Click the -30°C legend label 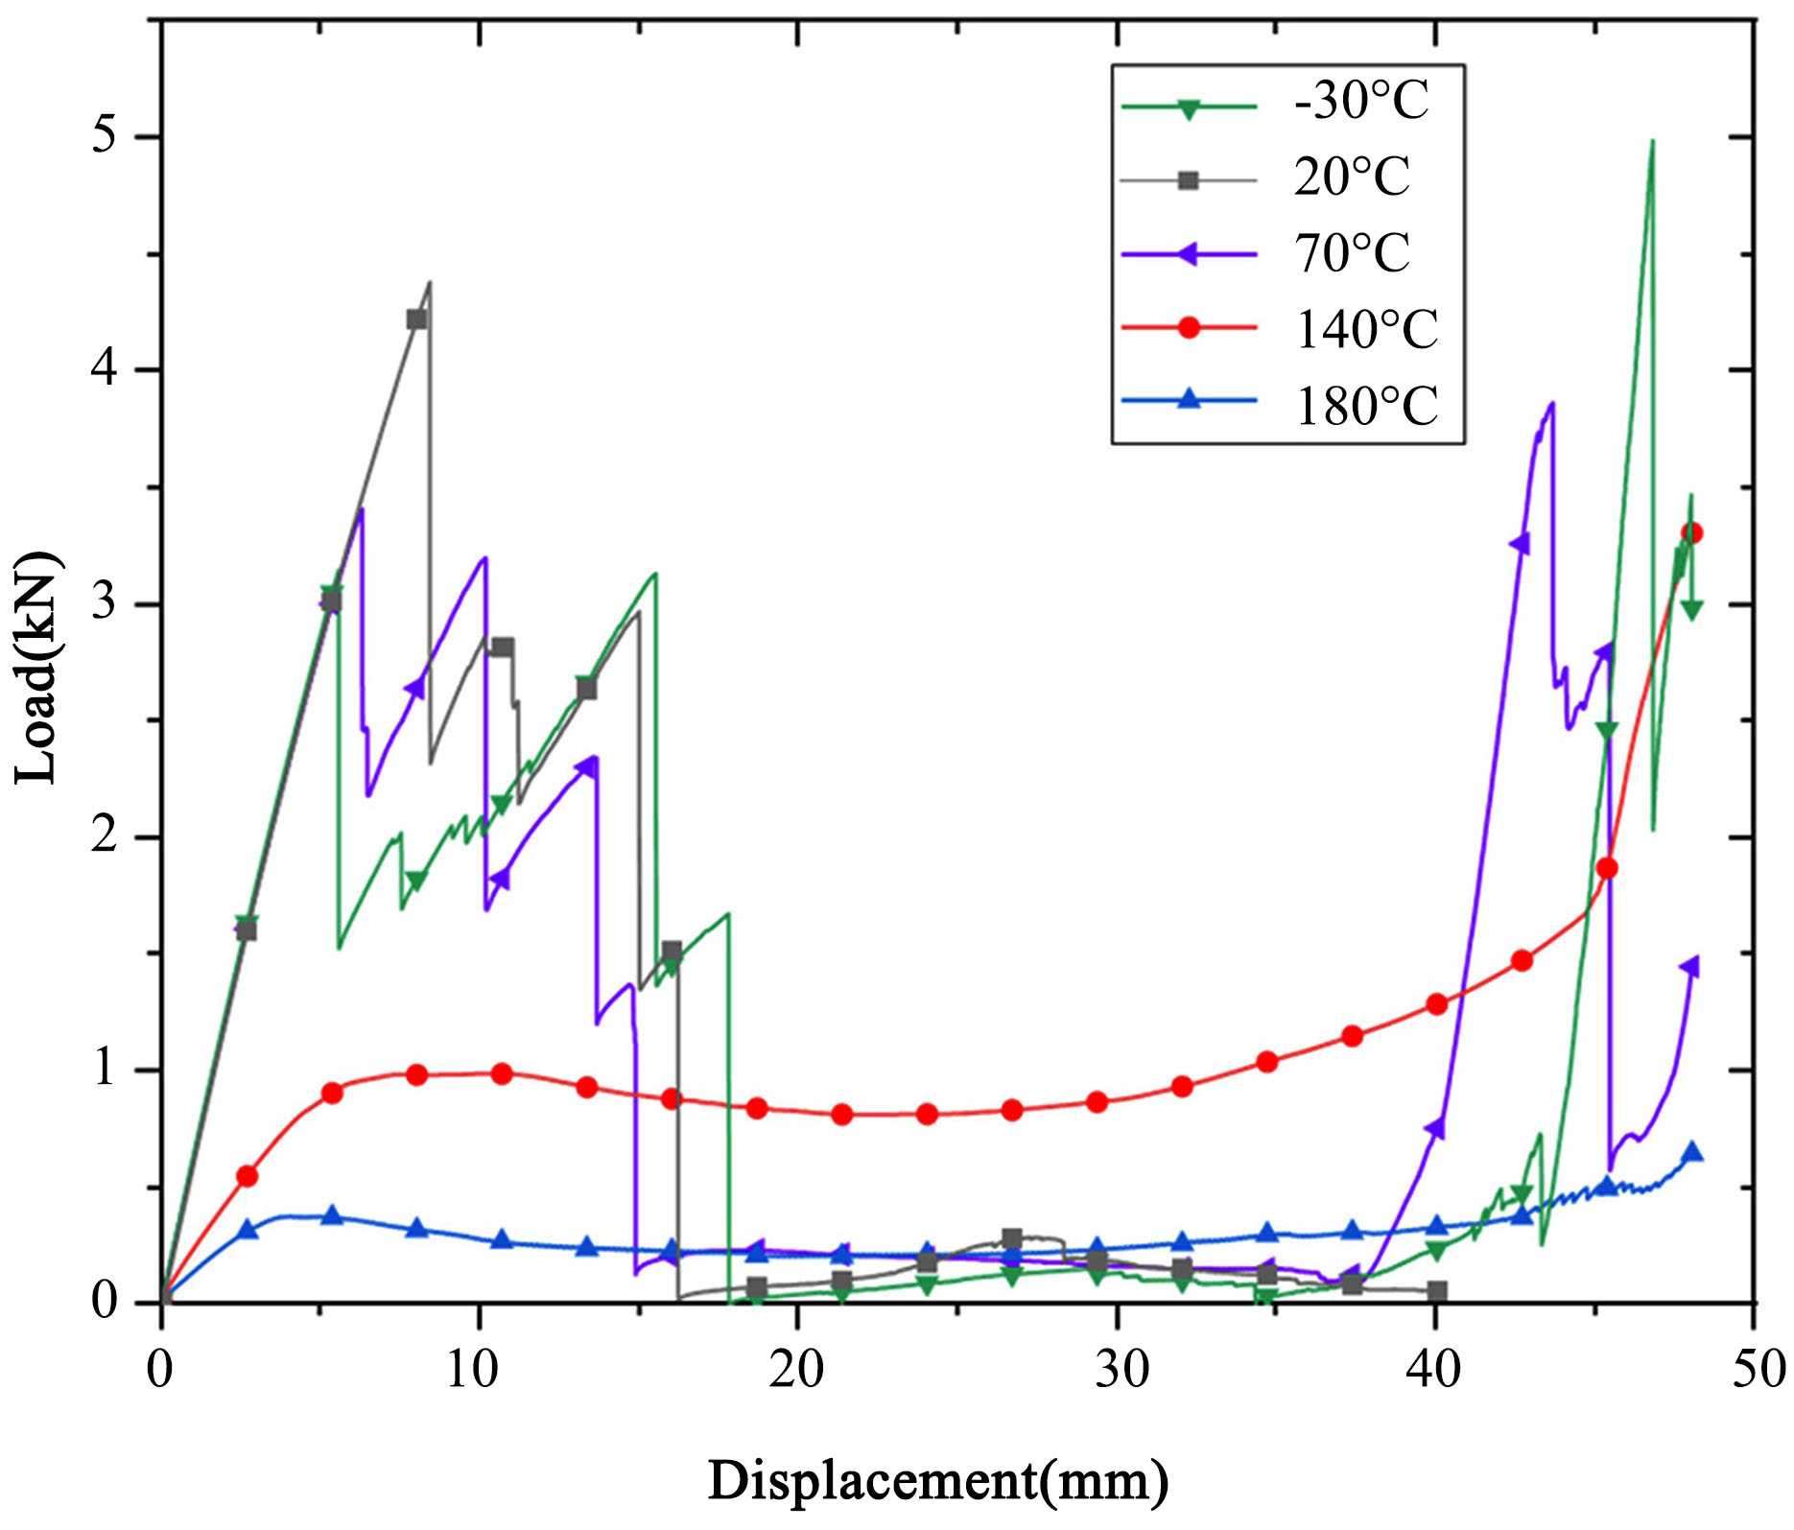click(1360, 102)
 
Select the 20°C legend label click(1351, 177)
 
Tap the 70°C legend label click(1351, 253)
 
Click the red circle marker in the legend click(1189, 328)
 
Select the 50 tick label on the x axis click(1753, 1370)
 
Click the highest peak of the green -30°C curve click(1651, 142)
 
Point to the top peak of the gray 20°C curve click(430, 282)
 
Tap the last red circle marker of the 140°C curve click(1691, 533)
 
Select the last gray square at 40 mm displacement click(1436, 1291)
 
